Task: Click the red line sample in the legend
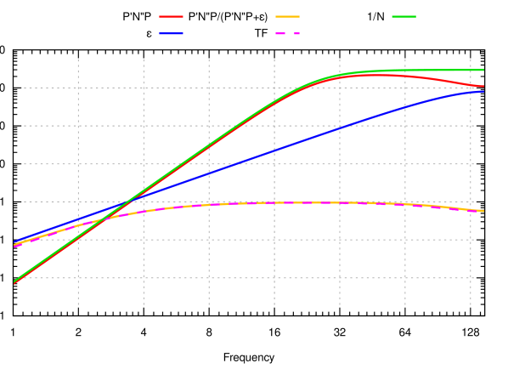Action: tap(171, 17)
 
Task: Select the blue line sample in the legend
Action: tap(171, 34)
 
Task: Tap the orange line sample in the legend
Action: tap(287, 17)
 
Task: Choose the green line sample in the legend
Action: tap(404, 17)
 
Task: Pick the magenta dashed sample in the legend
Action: tap(287, 34)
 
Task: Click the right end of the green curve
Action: tap(483, 70)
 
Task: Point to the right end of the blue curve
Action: tap(483, 91)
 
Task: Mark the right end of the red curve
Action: tap(483, 86)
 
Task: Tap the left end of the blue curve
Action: tap(15, 241)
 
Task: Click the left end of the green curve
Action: tap(15, 281)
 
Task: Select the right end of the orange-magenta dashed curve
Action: tap(483, 211)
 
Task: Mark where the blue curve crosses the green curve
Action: tap(129, 201)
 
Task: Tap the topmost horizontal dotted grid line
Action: tap(246, 88)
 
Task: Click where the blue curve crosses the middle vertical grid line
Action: tap(274, 150)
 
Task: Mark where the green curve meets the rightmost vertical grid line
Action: tap(471, 70)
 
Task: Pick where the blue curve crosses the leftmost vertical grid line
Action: tap(78, 219)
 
